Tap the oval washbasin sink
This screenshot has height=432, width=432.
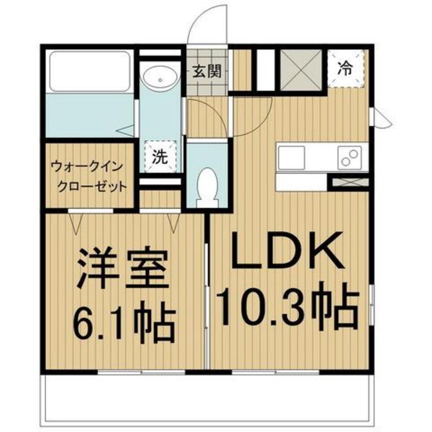160,79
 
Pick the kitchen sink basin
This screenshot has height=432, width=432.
291,158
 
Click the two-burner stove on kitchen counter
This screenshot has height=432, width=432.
350,158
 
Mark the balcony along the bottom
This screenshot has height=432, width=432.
207,400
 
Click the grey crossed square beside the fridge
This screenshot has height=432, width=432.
301,70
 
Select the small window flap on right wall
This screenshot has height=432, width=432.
382,118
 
